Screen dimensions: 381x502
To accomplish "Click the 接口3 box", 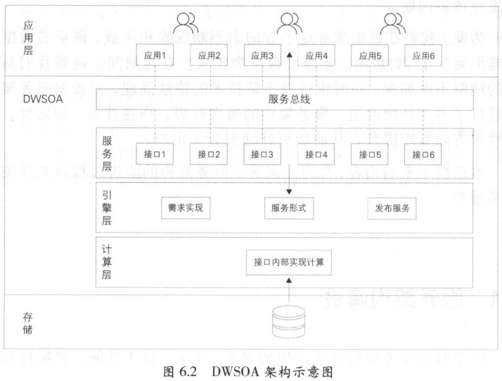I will pyautogui.click(x=263, y=154).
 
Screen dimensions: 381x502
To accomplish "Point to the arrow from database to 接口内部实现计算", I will pyautogui.click(x=289, y=290).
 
